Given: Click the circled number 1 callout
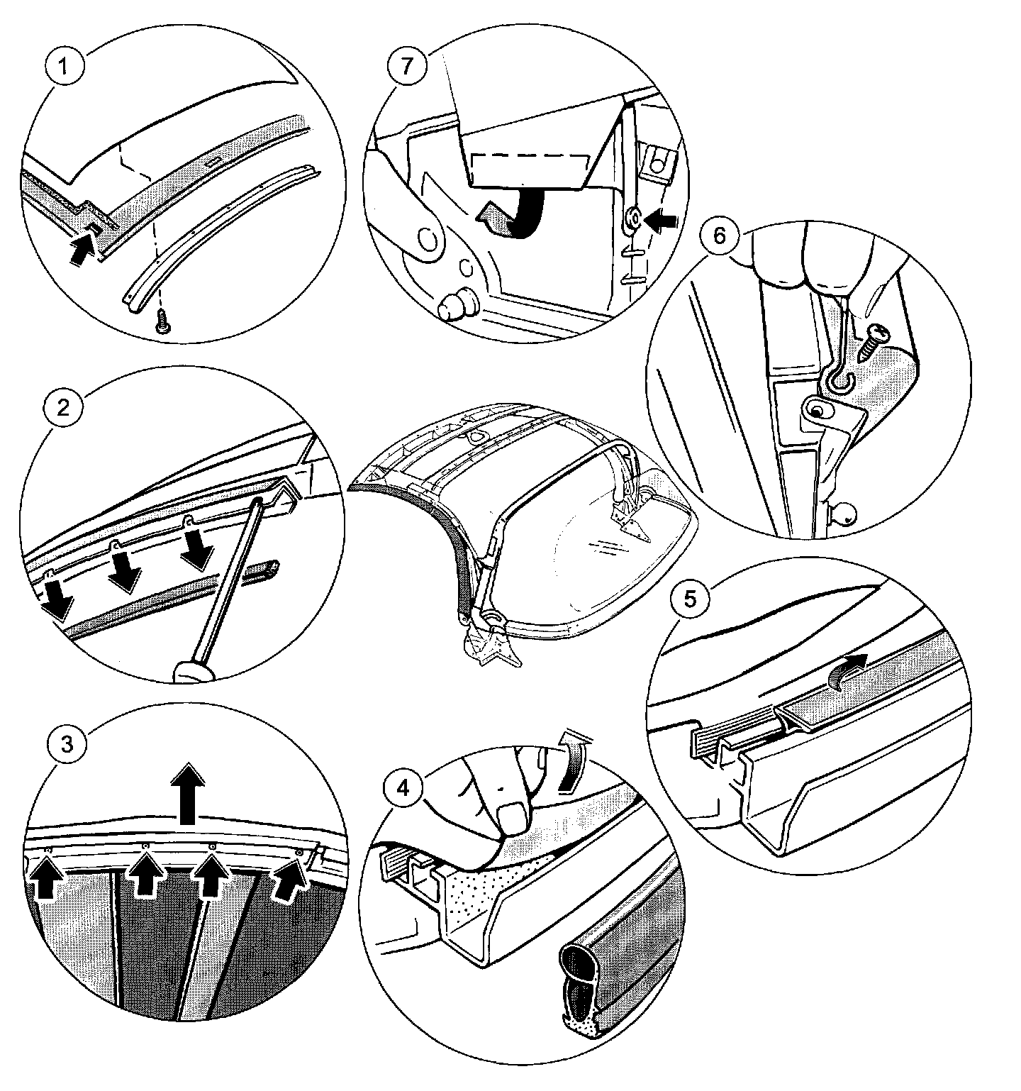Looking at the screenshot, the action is pyautogui.click(x=65, y=69).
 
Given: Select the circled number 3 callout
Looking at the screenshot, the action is pyautogui.click(x=65, y=744).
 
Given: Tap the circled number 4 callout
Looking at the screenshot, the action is pyautogui.click(x=403, y=789).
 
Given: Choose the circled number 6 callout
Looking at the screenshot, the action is pyautogui.click(x=719, y=236).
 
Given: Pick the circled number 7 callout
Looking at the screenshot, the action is pyautogui.click(x=405, y=69).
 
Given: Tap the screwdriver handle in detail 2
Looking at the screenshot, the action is pyautogui.click(x=191, y=670).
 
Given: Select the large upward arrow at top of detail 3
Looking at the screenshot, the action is pyautogui.click(x=189, y=792).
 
